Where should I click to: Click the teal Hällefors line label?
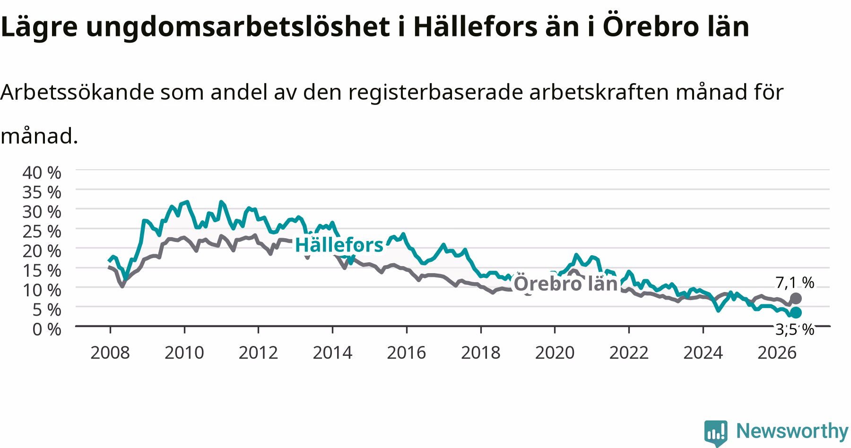coord(339,245)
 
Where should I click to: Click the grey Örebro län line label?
coord(566,284)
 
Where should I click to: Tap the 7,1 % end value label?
coord(795,283)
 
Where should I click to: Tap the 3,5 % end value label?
coord(795,329)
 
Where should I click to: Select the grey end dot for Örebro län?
coord(796,298)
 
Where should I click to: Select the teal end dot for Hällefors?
coord(796,312)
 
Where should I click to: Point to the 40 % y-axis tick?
coord(42,172)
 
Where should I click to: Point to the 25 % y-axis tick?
coord(42,232)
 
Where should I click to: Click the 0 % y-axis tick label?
coord(47,329)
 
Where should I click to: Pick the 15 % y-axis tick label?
coord(42,271)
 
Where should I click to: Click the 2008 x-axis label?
coord(110,353)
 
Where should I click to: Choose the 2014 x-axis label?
coord(332,353)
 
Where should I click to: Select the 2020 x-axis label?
coord(555,353)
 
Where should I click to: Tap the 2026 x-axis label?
coord(777,353)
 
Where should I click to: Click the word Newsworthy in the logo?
coord(792,431)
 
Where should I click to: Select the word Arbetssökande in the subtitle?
coord(78,93)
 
